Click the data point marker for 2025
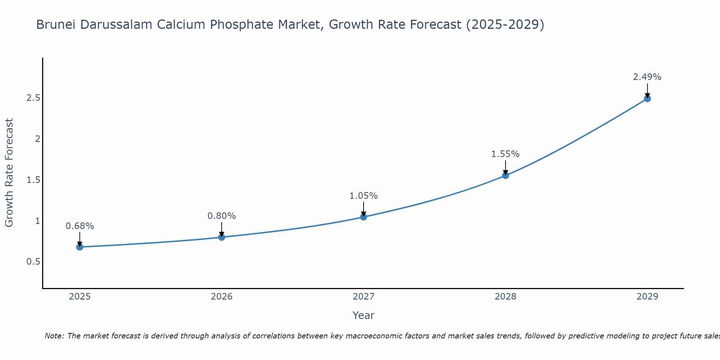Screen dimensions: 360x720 pyautogui.click(x=80, y=247)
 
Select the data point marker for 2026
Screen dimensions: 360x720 pyautogui.click(x=222, y=237)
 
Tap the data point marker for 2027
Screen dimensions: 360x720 pyautogui.click(x=364, y=217)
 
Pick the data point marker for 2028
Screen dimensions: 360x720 pyautogui.click(x=505, y=175)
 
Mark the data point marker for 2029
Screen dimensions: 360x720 pyautogui.click(x=647, y=98)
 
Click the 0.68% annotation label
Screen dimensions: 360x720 pyautogui.click(x=80, y=226)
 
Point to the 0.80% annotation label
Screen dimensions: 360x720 pyautogui.click(x=222, y=216)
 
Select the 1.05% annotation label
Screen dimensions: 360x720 pyautogui.click(x=364, y=196)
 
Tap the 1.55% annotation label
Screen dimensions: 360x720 pyautogui.click(x=505, y=154)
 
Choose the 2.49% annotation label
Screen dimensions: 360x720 pyautogui.click(x=647, y=77)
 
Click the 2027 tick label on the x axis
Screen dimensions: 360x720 pyautogui.click(x=364, y=297)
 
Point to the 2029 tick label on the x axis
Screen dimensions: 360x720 pyautogui.click(x=647, y=297)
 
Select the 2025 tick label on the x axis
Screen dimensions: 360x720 pyautogui.click(x=80, y=297)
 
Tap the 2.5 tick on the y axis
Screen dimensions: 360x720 pyautogui.click(x=33, y=98)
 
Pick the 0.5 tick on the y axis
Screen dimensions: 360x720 pyautogui.click(x=33, y=262)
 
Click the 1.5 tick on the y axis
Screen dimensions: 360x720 pyautogui.click(x=33, y=180)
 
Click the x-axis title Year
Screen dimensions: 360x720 pyautogui.click(x=364, y=315)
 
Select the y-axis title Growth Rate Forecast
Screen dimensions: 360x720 pyautogui.click(x=9, y=173)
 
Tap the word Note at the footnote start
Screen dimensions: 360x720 pyautogui.click(x=54, y=336)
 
